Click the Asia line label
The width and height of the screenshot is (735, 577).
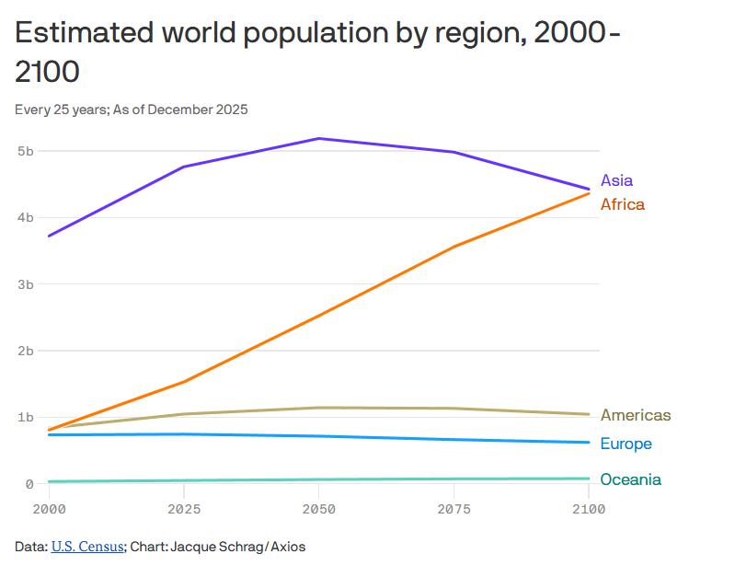coord(616,180)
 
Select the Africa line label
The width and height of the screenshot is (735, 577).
coord(622,204)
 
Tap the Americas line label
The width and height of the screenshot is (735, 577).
coord(635,415)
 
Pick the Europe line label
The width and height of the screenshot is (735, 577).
coord(626,444)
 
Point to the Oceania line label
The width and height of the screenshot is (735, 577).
coord(630,479)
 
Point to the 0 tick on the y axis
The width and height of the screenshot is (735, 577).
coord(29,484)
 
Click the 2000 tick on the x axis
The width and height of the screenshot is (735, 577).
coord(48,509)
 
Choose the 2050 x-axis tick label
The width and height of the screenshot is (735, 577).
coord(318,509)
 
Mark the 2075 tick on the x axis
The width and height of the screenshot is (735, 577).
coord(454,509)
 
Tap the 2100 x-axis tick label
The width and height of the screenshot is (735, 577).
coord(588,509)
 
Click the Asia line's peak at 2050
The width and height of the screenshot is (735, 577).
coord(318,138)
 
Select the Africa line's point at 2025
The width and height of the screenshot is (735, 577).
coord(183,381)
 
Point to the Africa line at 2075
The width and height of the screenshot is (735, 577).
coord(454,247)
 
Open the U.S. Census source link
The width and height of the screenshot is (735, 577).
coord(87,547)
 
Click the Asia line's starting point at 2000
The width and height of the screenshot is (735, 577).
coord(48,236)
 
